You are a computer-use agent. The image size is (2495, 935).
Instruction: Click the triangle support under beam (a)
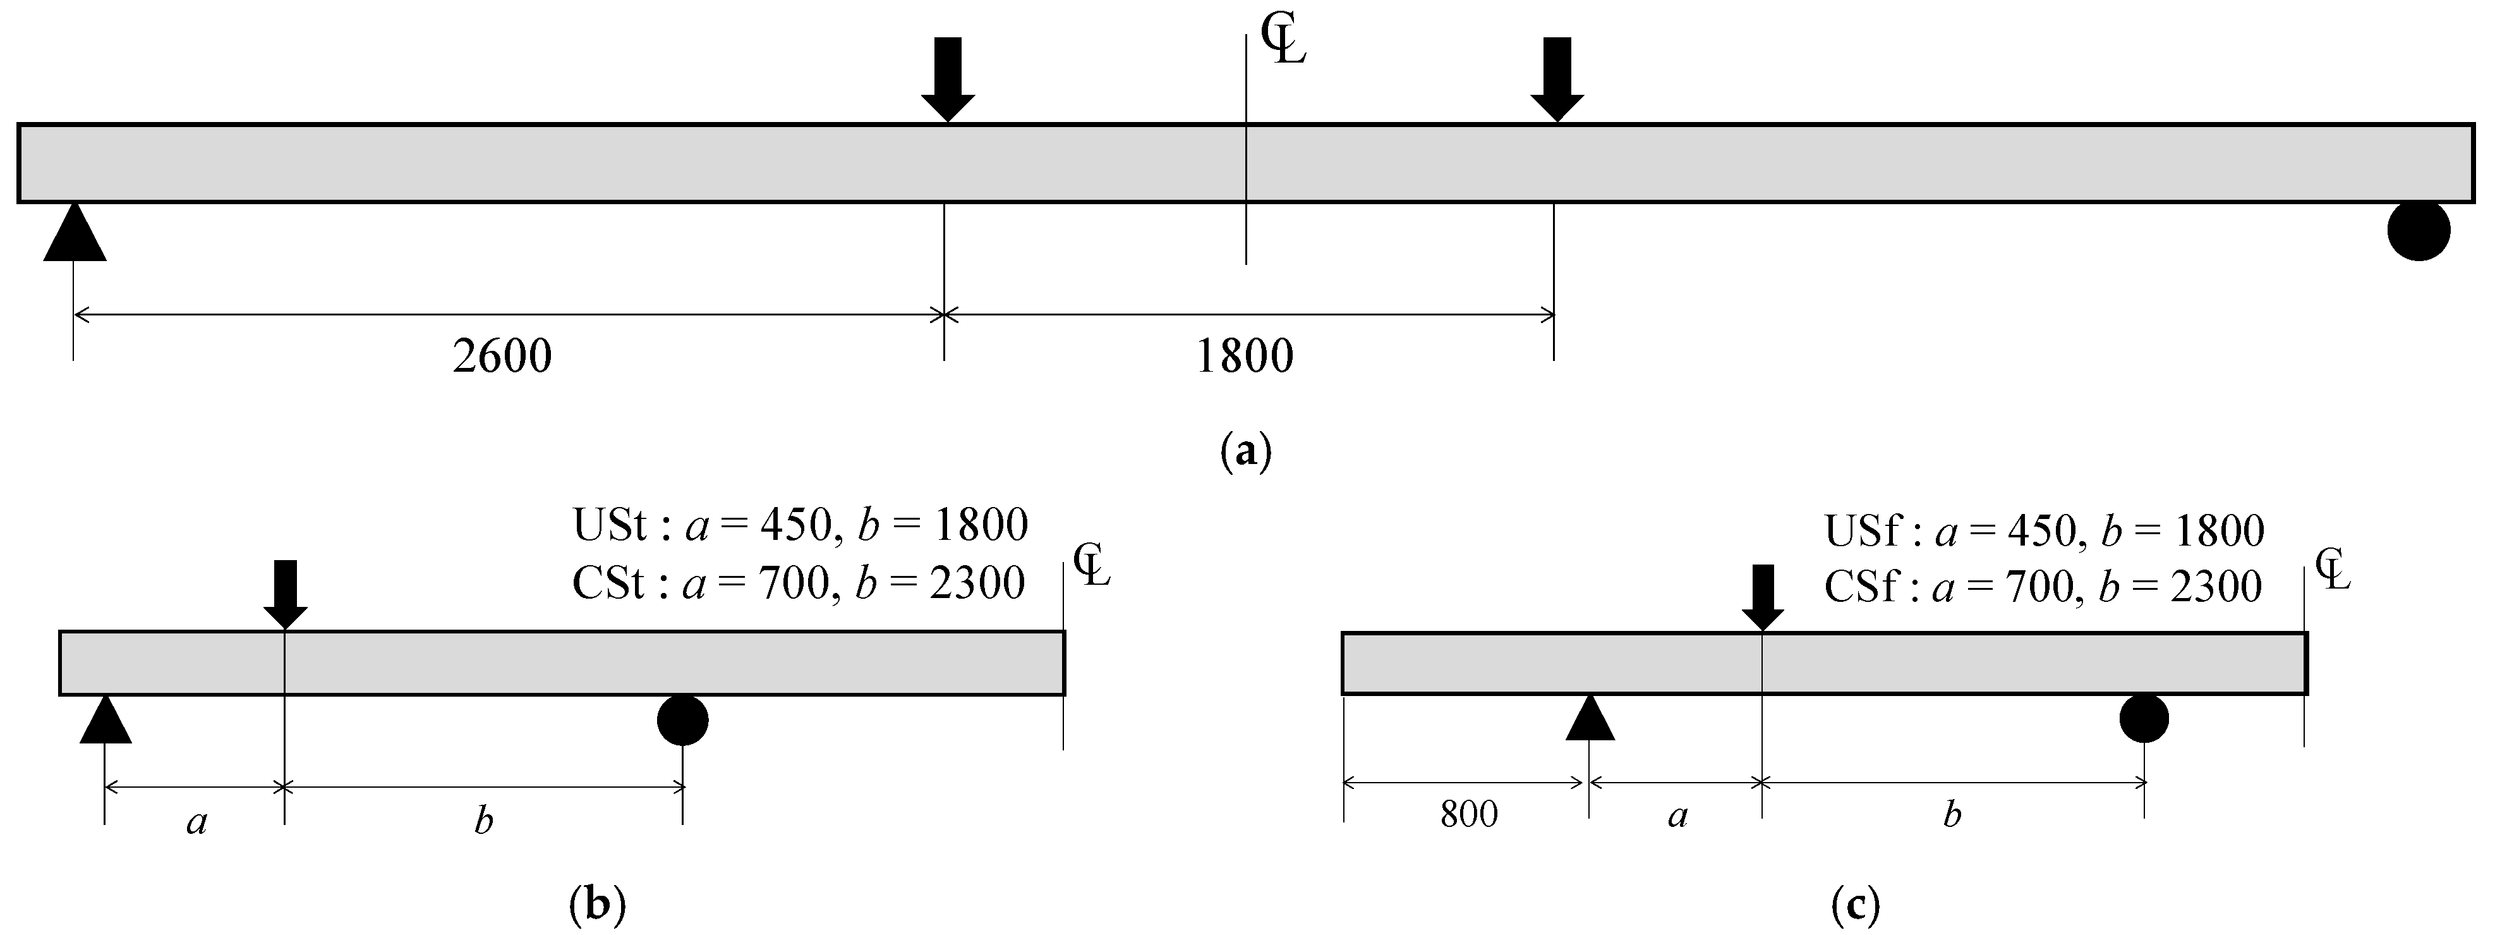tap(75, 235)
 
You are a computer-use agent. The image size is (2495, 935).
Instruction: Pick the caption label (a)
tap(1245, 451)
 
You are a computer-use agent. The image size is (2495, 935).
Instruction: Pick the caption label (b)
tap(596, 904)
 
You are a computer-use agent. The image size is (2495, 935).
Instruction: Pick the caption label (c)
tap(1856, 905)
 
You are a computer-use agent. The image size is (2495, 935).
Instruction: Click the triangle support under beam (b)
tap(105, 723)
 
